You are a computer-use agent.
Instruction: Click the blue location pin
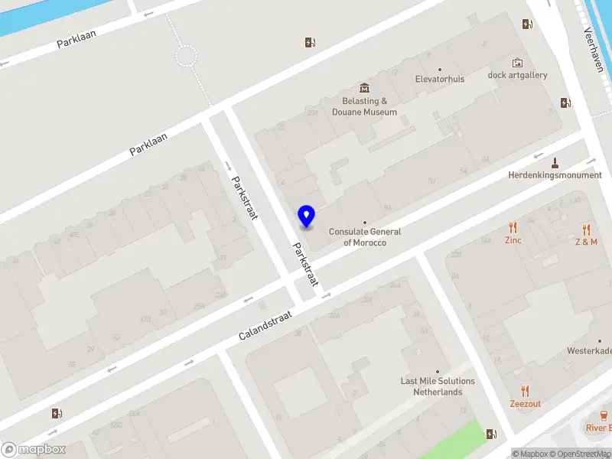pos(306,216)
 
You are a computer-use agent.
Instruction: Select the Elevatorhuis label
pos(440,78)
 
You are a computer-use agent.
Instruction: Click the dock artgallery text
pos(518,75)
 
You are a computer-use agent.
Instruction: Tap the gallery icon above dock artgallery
pos(518,62)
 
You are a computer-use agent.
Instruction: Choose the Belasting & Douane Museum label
pos(364,106)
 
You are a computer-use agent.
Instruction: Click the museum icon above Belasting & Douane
pos(364,88)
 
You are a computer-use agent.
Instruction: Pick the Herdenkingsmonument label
pos(555,175)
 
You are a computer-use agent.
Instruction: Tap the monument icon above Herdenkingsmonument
pos(555,161)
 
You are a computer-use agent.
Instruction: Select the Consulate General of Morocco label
pos(365,237)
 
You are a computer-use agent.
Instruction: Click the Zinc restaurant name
pos(513,240)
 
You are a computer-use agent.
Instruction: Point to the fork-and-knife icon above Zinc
pos(513,227)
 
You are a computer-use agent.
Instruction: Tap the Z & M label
pos(586,242)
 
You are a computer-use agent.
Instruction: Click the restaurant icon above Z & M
pos(586,229)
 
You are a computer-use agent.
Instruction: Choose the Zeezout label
pos(526,404)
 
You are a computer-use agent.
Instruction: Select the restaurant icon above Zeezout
pos(526,391)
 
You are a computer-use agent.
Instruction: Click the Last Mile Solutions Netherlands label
pos(438,386)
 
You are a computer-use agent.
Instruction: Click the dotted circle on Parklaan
pos(186,55)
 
